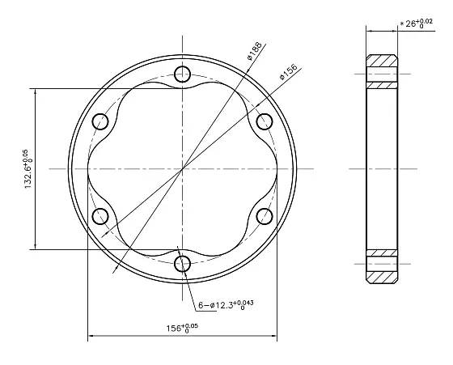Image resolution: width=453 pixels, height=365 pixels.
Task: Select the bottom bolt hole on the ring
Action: point(183,263)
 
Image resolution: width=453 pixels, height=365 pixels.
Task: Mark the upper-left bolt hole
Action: point(101,121)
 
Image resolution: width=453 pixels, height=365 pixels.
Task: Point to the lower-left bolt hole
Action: point(101,216)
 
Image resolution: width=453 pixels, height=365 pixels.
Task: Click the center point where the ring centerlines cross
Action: point(183,168)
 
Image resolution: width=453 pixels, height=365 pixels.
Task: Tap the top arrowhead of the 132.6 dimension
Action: point(35,91)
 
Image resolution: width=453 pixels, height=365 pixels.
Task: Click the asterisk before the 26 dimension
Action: point(402,25)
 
